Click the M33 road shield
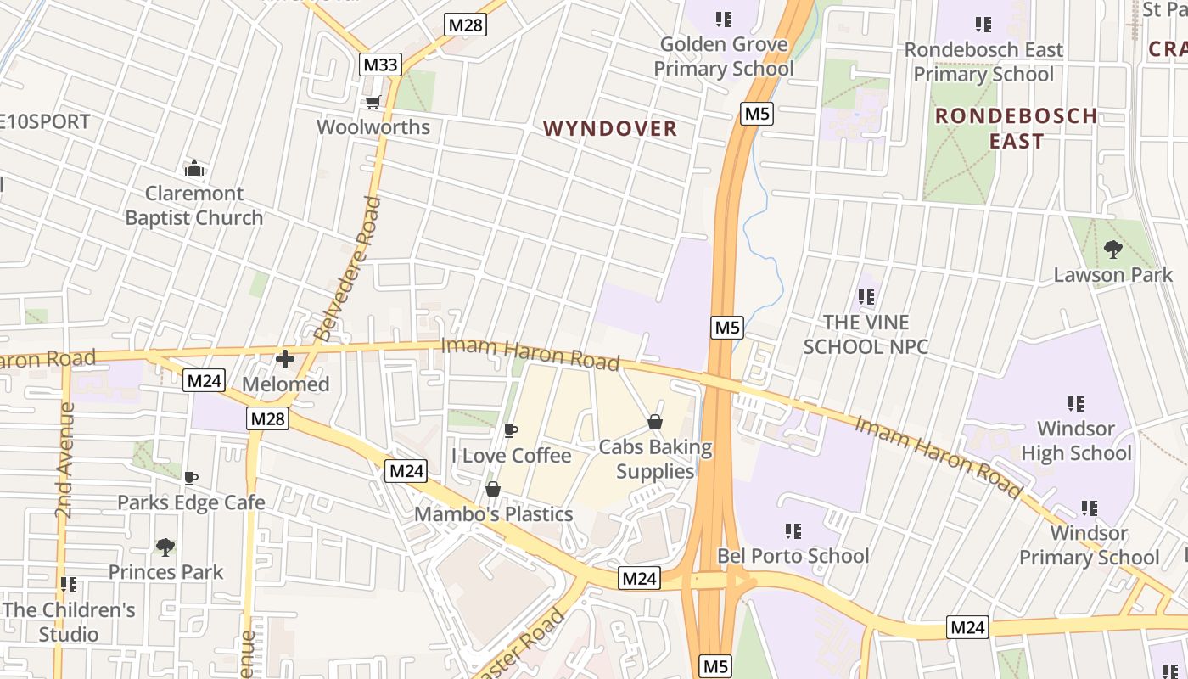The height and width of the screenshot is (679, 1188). [380, 65]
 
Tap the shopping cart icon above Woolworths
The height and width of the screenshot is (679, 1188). [372, 103]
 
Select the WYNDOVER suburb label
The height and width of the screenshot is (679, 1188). [610, 128]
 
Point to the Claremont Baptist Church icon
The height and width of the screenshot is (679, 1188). [194, 168]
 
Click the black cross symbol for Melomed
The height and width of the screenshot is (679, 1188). [285, 359]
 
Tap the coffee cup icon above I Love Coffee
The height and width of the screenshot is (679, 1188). [511, 430]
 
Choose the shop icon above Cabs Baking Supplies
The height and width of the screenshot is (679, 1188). [655, 422]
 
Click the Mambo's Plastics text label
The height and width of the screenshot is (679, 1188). [494, 513]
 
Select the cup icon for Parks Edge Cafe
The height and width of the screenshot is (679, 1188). [191, 478]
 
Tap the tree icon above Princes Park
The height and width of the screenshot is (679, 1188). [165, 547]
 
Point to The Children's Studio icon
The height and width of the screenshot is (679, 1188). [69, 585]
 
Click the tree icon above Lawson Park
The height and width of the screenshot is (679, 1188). [1112, 250]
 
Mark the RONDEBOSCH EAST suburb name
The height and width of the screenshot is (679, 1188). [1016, 128]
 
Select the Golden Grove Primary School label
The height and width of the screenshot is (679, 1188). [724, 56]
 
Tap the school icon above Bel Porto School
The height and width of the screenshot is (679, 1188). [793, 531]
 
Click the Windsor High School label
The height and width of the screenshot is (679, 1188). [1076, 441]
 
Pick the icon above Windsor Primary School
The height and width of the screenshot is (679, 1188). [1090, 508]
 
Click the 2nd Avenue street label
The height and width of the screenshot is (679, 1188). [65, 460]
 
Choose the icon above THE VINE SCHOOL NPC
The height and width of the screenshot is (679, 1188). [866, 297]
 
